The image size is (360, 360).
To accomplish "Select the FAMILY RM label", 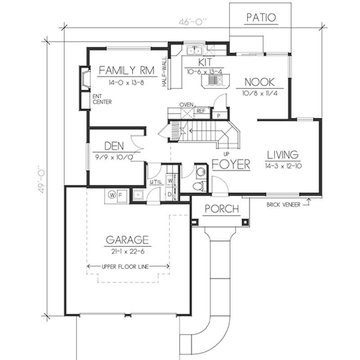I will (126, 70).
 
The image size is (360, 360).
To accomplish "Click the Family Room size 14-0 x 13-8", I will (126, 83).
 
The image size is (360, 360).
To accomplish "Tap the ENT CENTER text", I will (102, 99).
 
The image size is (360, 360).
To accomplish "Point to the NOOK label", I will (260, 82).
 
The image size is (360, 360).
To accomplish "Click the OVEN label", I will (186, 105).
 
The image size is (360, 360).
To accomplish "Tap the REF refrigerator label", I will (201, 110).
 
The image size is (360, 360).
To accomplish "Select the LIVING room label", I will (282, 155).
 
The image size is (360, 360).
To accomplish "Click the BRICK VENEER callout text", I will (283, 204).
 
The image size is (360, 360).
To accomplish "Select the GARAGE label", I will (127, 239).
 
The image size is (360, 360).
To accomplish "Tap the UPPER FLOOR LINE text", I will (128, 266).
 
